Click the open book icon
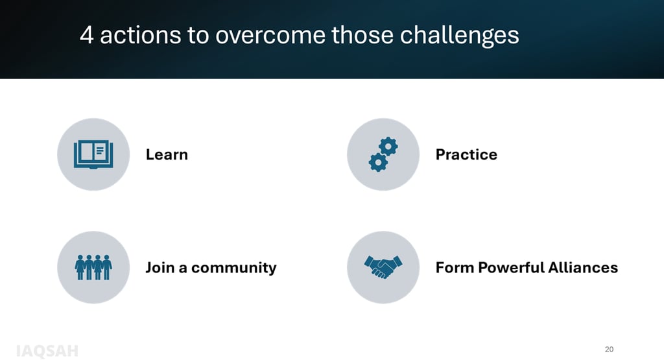pos(93,154)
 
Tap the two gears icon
pos(383,154)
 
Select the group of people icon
pos(93,267)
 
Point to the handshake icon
pos(383,267)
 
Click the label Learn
pos(167,154)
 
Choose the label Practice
pos(466,154)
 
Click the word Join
pos(160,268)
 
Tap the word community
pos(233,268)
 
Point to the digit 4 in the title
pos(86,35)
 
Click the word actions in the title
pos(141,35)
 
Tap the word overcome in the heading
pos(270,35)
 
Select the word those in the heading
pos(362,35)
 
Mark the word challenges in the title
pos(460,36)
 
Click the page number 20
pos(609,350)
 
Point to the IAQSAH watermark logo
pos(47,351)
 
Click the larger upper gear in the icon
pos(388,147)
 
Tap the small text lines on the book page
pos(100,150)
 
